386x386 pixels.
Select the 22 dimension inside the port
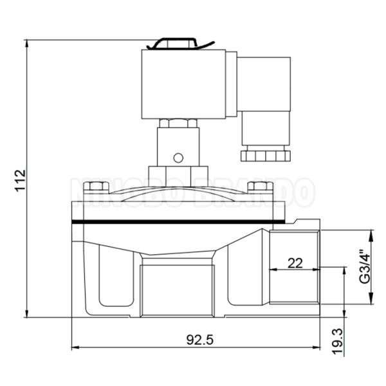(x=295, y=262)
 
